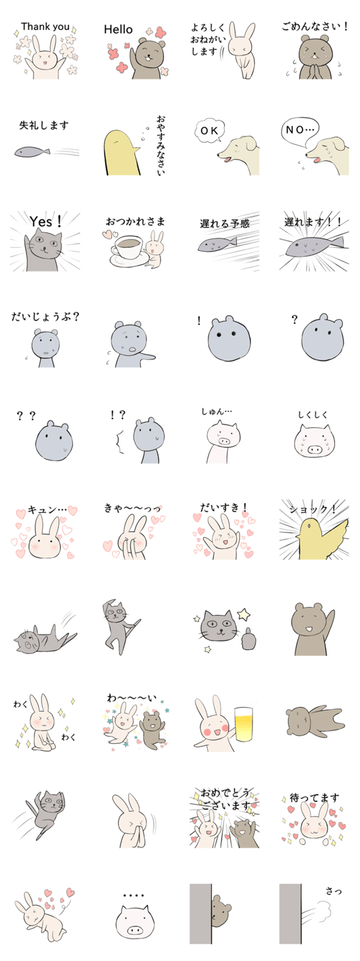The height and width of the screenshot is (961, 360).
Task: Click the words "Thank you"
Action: (x=45, y=27)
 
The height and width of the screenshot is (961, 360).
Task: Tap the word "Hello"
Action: (x=118, y=29)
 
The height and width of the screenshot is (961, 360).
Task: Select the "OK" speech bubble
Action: (x=209, y=131)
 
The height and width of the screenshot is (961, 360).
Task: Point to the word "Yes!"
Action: (x=46, y=222)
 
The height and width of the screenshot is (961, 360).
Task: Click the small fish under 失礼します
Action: (x=32, y=151)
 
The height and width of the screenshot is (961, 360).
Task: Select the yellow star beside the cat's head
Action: (x=243, y=615)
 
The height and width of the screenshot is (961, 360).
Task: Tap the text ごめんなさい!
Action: (x=315, y=27)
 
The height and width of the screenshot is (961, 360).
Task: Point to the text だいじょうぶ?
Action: (x=45, y=317)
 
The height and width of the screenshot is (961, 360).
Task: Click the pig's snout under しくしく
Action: (x=315, y=449)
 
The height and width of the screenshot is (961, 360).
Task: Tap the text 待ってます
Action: (x=315, y=798)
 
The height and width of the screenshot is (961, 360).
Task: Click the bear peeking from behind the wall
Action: (x=220, y=909)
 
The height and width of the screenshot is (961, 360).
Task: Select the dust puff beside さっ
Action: (x=319, y=910)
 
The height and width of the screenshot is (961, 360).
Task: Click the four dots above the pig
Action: (x=134, y=894)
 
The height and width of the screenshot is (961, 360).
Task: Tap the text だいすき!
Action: (x=224, y=507)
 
